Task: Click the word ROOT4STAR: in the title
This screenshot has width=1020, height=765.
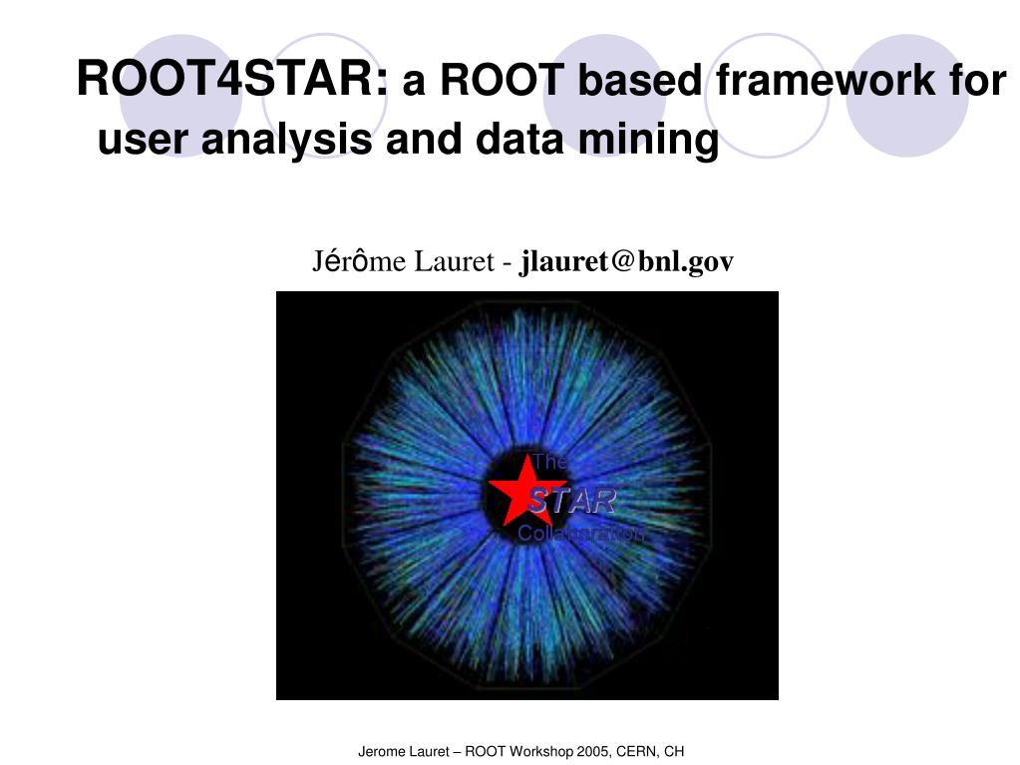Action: pyautogui.click(x=232, y=79)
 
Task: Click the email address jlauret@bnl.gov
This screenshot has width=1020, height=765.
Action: pyautogui.click(x=627, y=261)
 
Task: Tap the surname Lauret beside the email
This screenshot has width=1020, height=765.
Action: pyautogui.click(x=456, y=261)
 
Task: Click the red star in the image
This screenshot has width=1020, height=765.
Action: pyautogui.click(x=518, y=491)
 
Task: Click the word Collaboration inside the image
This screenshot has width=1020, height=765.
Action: pyautogui.click(x=580, y=534)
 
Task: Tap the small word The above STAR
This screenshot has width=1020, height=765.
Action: pyautogui.click(x=549, y=461)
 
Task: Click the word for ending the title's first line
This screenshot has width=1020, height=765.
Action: pyautogui.click(x=979, y=81)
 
